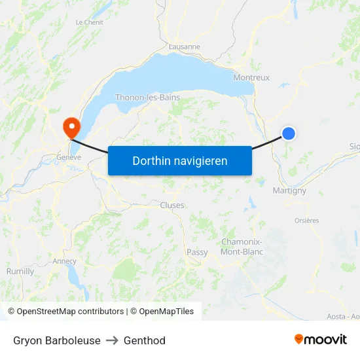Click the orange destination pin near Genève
[x=69, y=126]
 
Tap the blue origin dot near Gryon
[x=289, y=134]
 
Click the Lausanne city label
[x=185, y=46]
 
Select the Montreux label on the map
[x=251, y=77]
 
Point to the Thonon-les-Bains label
[x=147, y=98]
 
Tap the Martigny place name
[x=289, y=190]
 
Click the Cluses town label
[x=172, y=205]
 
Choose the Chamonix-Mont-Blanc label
[x=242, y=247]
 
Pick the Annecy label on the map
[x=65, y=261]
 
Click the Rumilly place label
[x=20, y=271]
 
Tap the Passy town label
[x=197, y=252]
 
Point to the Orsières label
[x=306, y=221]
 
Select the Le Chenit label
[x=89, y=22]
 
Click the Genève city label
[x=69, y=157]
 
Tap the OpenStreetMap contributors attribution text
[x=66, y=312]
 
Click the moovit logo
[x=321, y=339]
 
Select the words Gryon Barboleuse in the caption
[x=57, y=340]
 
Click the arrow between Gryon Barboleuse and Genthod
[x=112, y=340]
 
